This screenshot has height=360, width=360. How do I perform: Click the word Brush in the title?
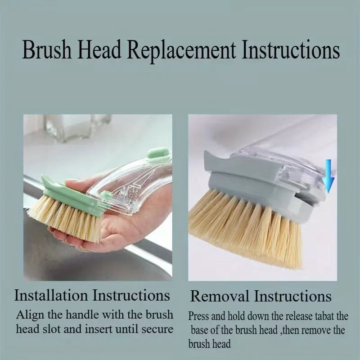tap(47, 49)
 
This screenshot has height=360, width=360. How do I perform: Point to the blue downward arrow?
tap(329, 175)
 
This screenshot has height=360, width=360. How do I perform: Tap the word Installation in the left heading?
tap(51, 295)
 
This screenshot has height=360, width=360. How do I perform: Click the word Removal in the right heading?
tap(220, 296)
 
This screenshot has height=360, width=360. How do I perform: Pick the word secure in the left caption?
tap(157, 329)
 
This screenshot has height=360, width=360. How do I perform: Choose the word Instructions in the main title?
tap(291, 49)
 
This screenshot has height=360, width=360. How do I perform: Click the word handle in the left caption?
tap(82, 315)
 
